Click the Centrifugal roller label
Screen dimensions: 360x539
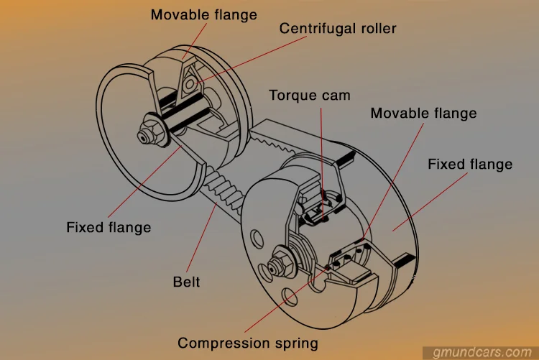(338, 29)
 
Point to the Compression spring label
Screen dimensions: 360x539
(247, 343)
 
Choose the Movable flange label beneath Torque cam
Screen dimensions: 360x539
(423, 113)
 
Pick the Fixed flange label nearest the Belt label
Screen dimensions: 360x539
(109, 227)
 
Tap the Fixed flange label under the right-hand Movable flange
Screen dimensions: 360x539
(470, 164)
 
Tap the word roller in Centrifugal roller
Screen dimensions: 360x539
(377, 29)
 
